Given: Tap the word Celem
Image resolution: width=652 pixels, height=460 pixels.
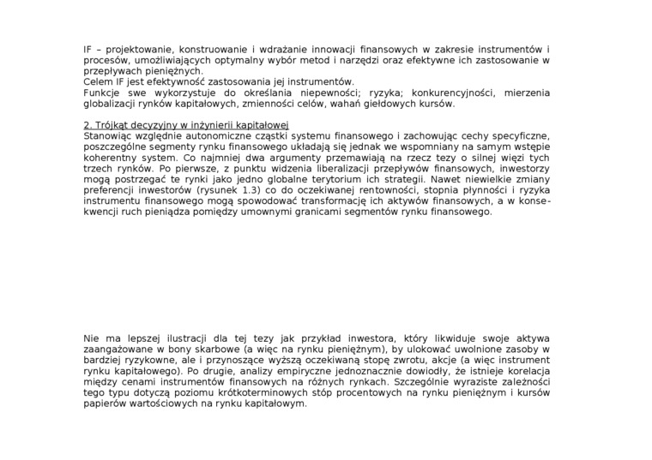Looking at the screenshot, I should [x=99, y=82].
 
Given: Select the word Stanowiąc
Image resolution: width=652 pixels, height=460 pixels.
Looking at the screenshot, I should [x=110, y=136].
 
